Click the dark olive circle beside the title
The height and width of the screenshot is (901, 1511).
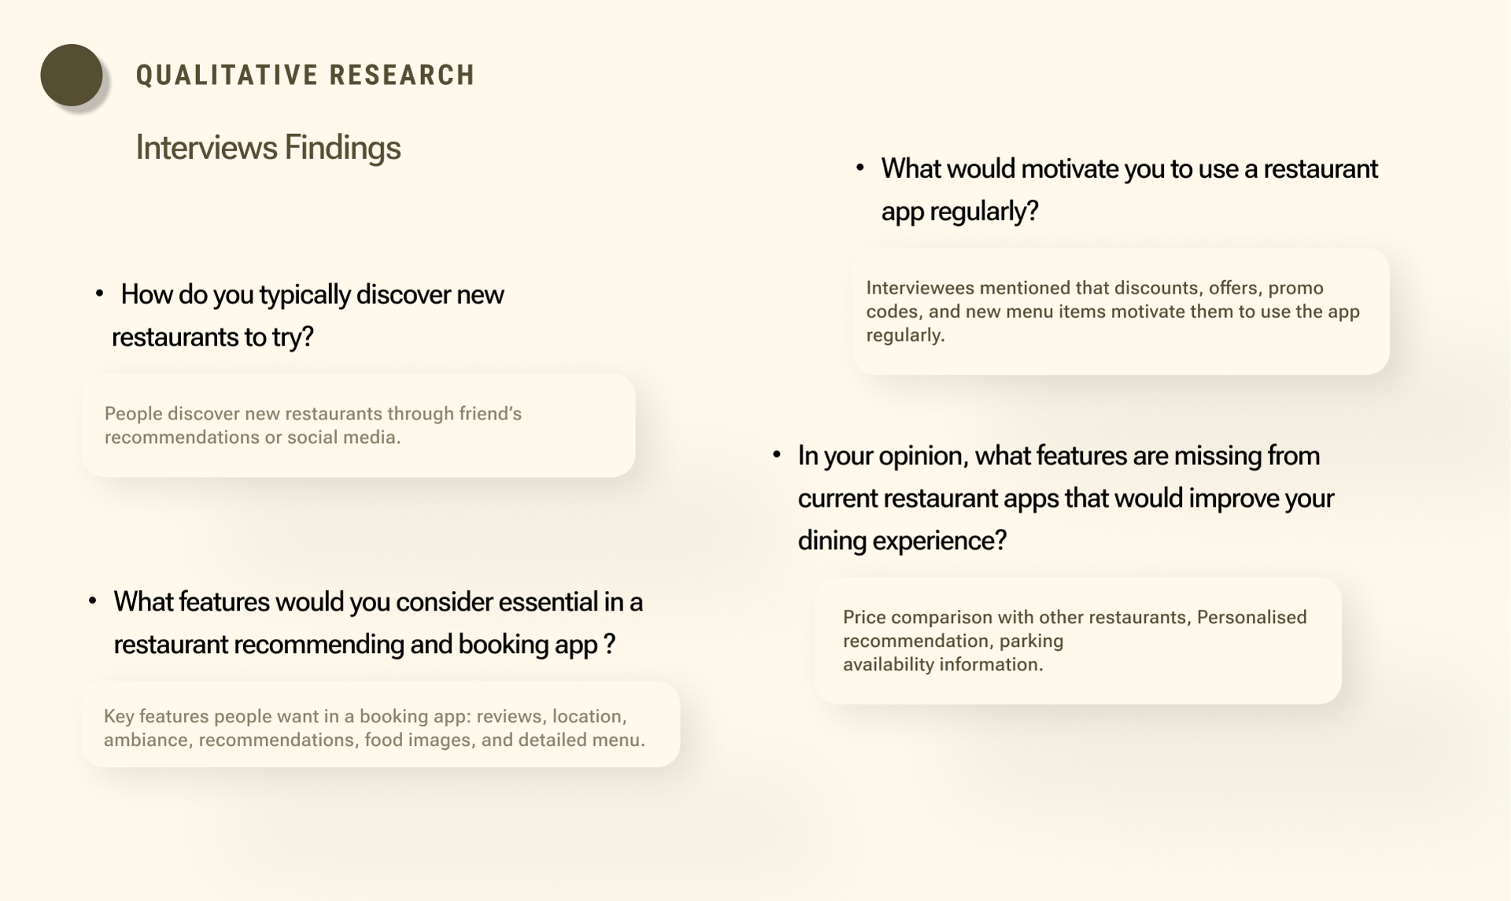[72, 75]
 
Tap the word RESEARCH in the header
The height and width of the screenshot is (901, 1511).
[402, 76]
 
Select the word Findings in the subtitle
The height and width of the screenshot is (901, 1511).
[342, 147]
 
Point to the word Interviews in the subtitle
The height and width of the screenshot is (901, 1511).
[206, 147]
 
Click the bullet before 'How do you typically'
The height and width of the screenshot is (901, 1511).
[99, 294]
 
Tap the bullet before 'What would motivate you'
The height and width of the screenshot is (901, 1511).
[860, 168]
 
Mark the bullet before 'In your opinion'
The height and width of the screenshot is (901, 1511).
[777, 454]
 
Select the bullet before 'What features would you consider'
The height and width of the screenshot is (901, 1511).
[92, 600]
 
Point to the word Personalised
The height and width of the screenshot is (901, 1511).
[1251, 617]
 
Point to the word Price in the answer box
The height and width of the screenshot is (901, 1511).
[864, 617]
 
